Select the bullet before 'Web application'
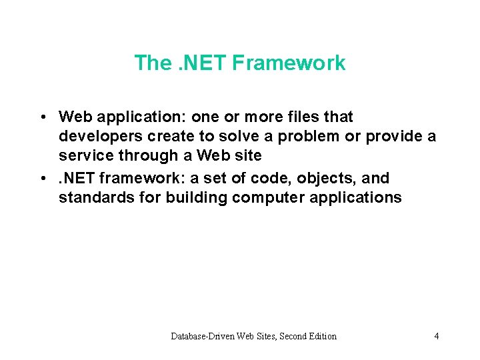[42, 117]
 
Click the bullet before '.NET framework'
[42, 179]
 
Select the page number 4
[436, 336]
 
